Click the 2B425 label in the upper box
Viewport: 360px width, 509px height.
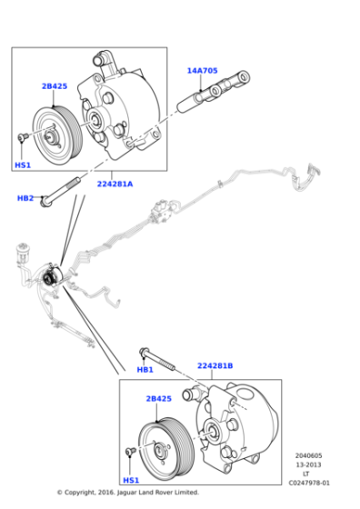[x=54, y=87]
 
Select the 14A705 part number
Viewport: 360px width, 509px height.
[x=201, y=70]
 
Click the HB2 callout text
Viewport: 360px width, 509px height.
[x=25, y=198]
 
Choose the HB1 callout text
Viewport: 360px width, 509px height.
[x=145, y=370]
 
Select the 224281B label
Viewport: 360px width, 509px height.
[x=215, y=367]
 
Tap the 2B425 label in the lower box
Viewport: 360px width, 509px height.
[x=158, y=398]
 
